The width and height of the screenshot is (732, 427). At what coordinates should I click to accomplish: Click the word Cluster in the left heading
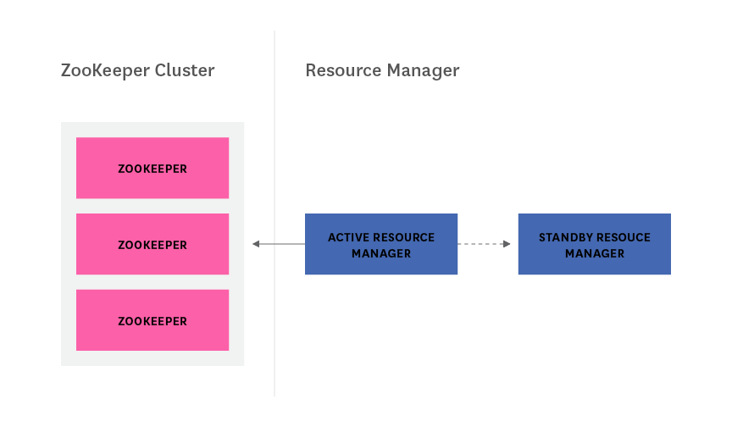click(x=184, y=70)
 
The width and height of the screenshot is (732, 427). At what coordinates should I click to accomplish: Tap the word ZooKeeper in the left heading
click(x=105, y=70)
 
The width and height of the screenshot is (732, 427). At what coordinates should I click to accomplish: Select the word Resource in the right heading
click(x=342, y=70)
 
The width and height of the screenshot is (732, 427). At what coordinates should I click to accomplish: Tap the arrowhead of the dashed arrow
click(x=507, y=244)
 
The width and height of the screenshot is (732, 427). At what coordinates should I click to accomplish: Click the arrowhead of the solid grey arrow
click(x=256, y=244)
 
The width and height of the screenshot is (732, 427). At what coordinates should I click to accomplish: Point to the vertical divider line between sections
click(x=274, y=212)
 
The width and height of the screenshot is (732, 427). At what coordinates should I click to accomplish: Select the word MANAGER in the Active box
click(x=381, y=253)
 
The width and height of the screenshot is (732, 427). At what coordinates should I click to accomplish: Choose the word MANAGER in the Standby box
click(x=595, y=253)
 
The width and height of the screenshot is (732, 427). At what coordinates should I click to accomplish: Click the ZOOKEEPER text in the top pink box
click(x=152, y=169)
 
